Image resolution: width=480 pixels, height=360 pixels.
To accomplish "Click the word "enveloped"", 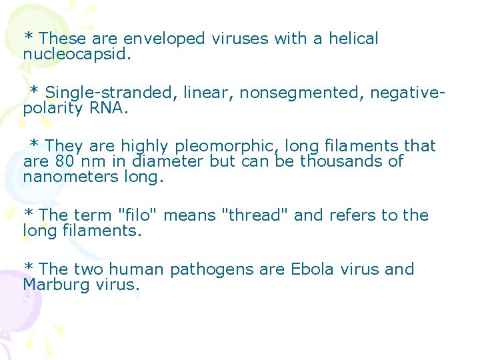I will [x=164, y=39].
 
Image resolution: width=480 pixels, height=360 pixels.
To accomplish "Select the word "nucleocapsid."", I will [x=77, y=53].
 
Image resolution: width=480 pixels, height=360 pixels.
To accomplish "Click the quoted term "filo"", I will [x=137, y=215].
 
